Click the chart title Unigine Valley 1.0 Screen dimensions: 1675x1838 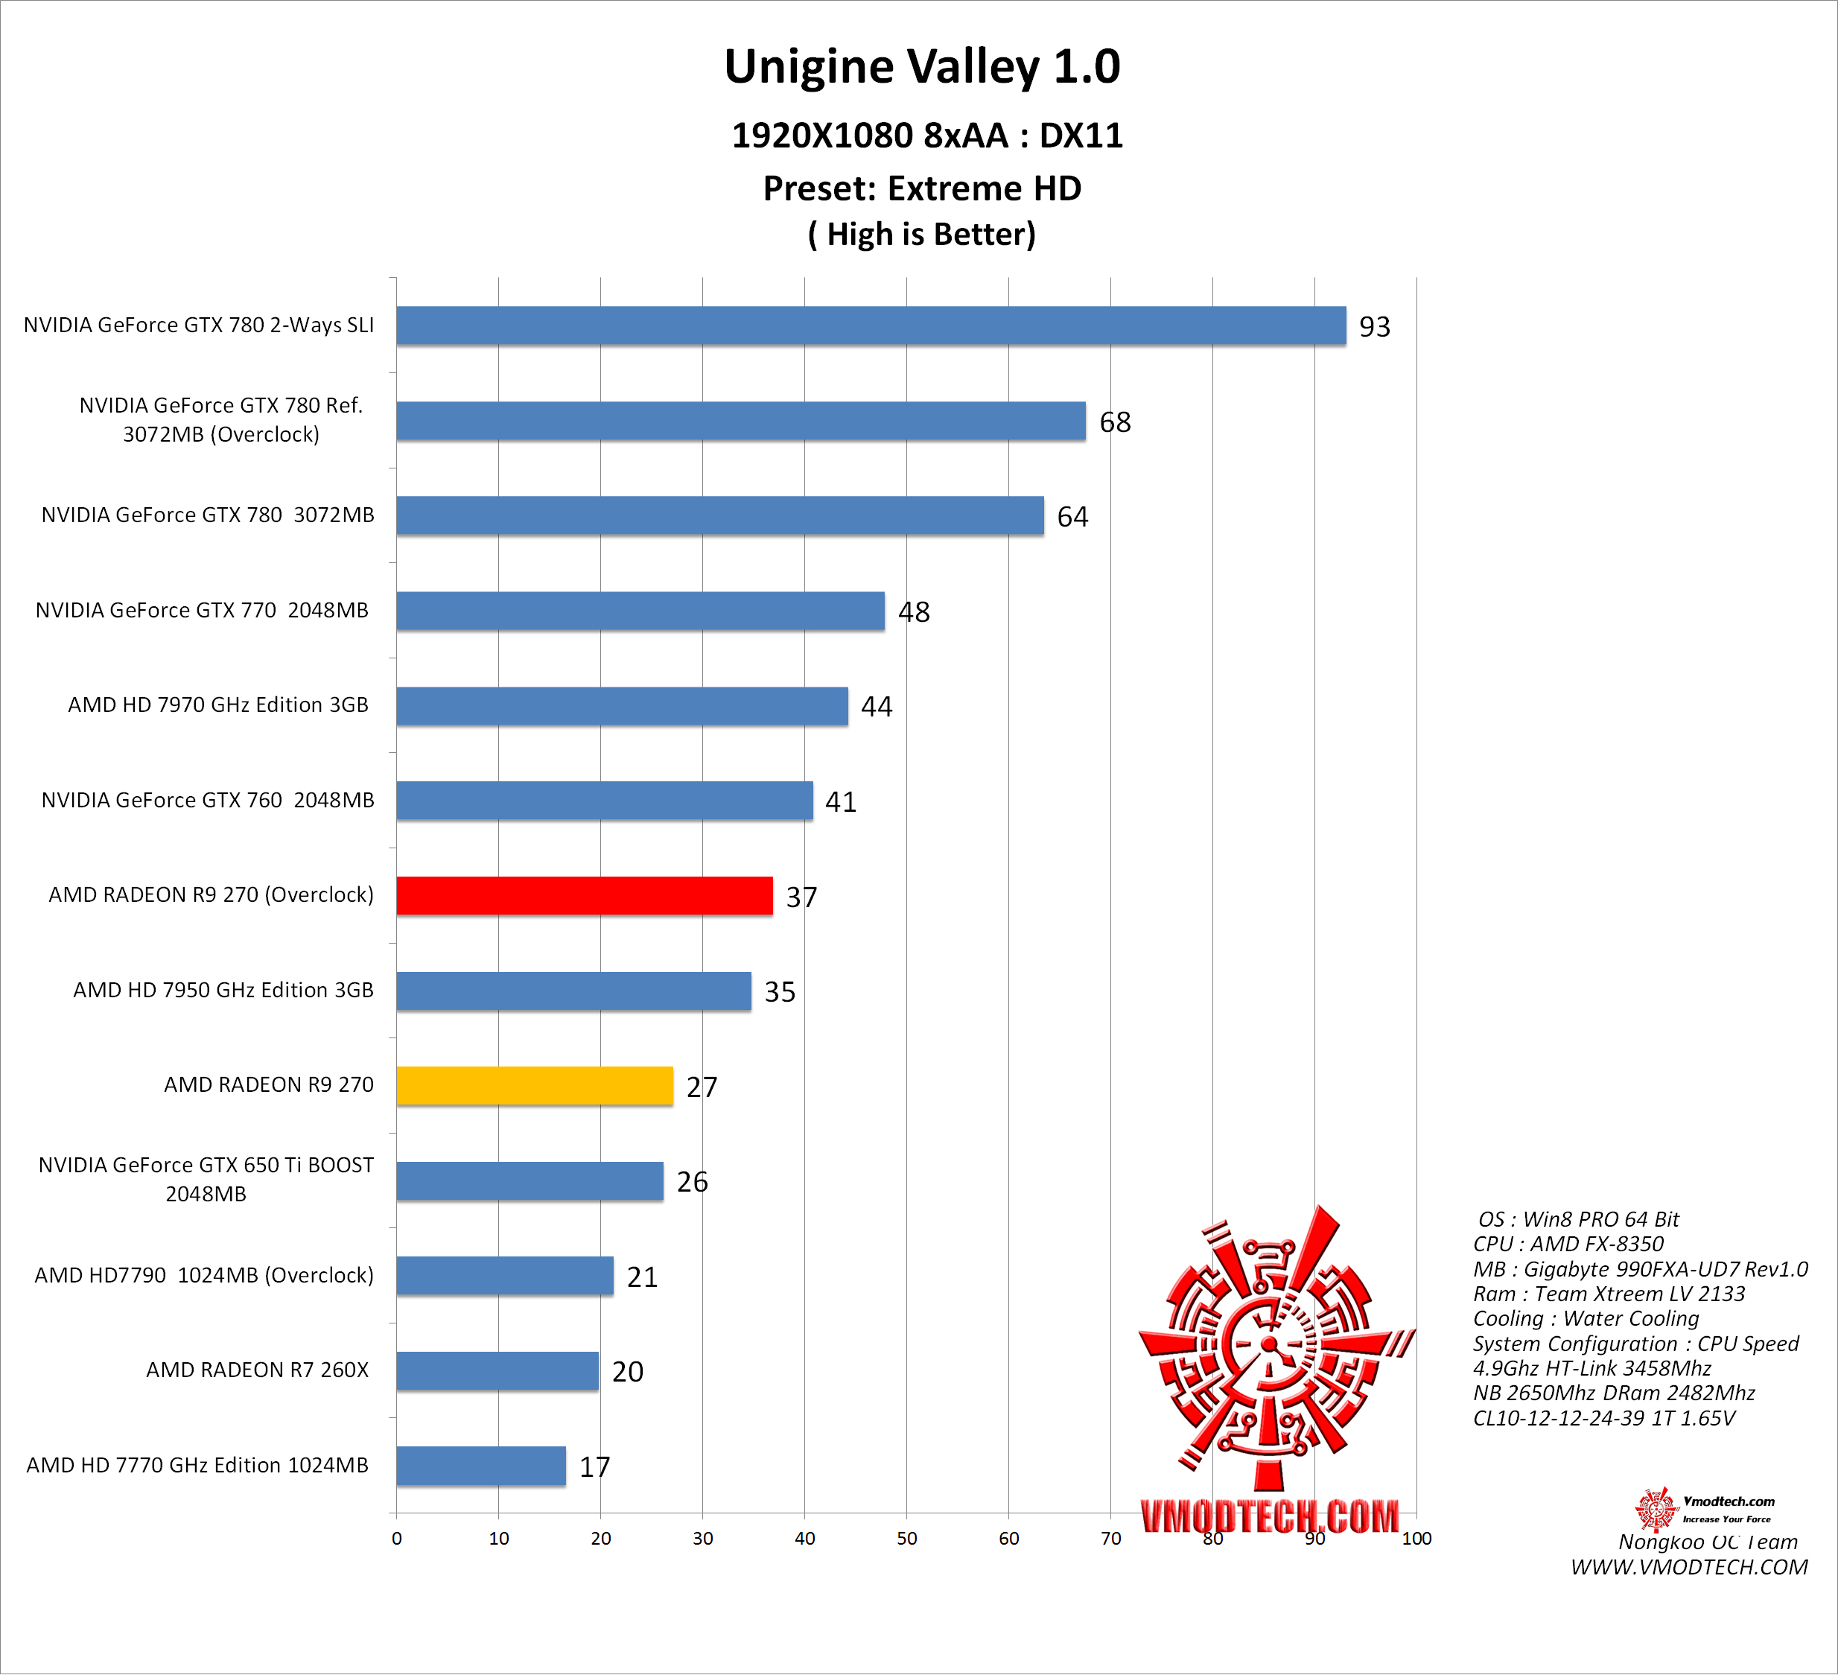(922, 66)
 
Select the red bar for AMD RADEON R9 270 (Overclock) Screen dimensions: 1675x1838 (585, 895)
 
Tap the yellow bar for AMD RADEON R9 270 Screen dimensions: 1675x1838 (534, 1086)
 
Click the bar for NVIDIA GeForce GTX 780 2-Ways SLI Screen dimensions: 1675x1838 (871, 325)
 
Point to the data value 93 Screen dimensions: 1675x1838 (1374, 326)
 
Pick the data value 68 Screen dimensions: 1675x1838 (1114, 422)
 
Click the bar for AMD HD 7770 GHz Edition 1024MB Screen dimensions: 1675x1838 (480, 1465)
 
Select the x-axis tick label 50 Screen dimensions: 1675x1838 (906, 1538)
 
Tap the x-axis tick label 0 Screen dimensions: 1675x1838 (397, 1538)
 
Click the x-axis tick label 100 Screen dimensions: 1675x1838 (1416, 1538)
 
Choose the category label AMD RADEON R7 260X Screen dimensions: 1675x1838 (257, 1370)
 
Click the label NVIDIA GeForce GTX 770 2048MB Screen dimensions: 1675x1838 (202, 610)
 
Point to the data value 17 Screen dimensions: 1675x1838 (594, 1467)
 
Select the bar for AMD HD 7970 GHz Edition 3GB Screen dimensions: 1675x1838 (622, 706)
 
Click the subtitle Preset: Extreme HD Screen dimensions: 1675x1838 (922, 188)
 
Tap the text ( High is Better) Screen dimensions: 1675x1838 (922, 235)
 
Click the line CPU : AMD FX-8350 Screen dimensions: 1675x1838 (1568, 1244)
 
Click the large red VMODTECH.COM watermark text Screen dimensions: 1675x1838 (1269, 1516)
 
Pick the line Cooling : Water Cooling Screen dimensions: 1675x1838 (1586, 1318)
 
